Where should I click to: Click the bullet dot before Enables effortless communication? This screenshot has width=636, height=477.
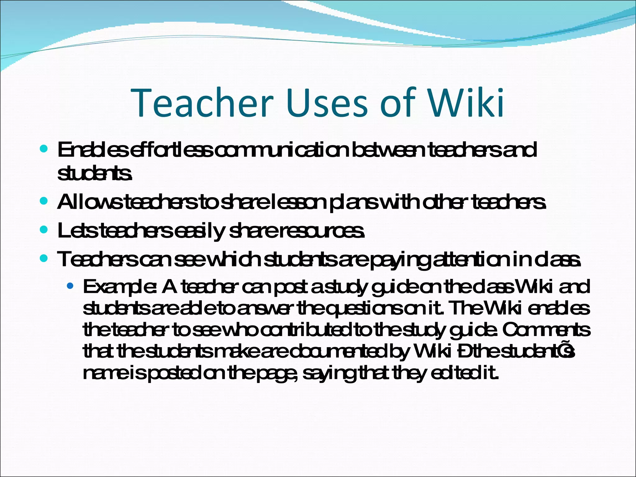[44, 149]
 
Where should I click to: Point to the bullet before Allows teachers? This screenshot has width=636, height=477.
[44, 202]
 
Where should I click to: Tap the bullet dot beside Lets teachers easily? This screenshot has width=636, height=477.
[44, 230]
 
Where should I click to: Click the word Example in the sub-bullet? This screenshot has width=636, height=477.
[120, 287]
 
